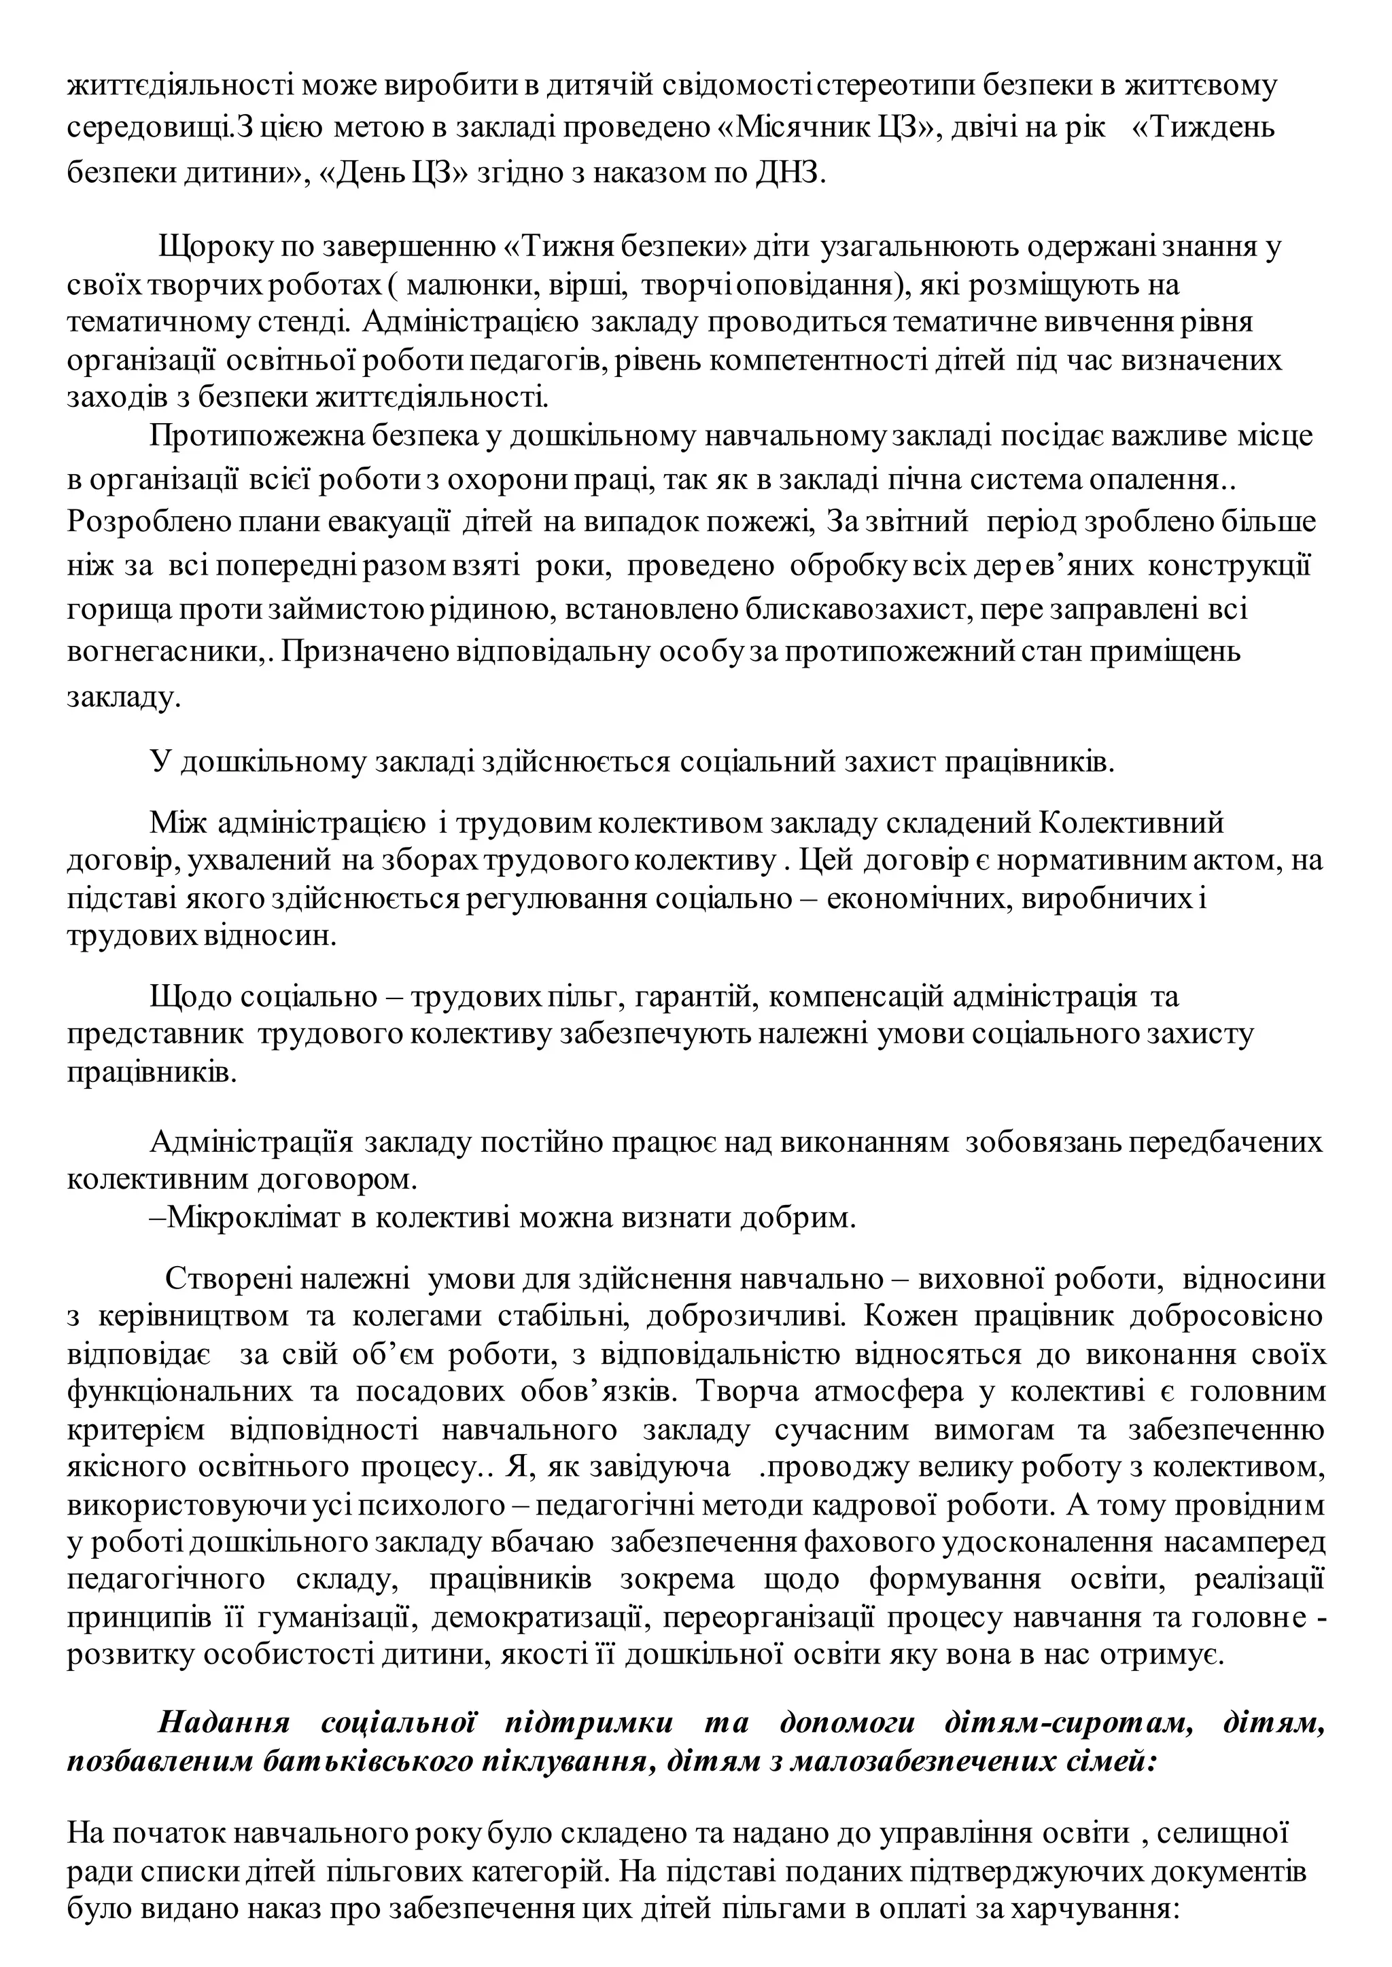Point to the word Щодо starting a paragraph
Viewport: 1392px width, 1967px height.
tap(190, 996)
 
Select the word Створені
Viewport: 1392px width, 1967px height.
tap(226, 1278)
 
